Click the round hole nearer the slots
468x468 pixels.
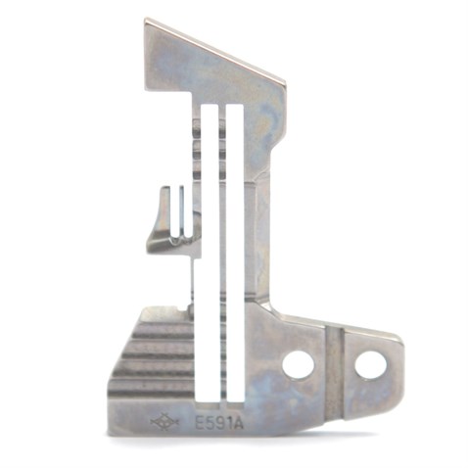[x=298, y=364]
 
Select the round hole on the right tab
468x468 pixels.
[x=370, y=365]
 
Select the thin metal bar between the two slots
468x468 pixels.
[x=222, y=245]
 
